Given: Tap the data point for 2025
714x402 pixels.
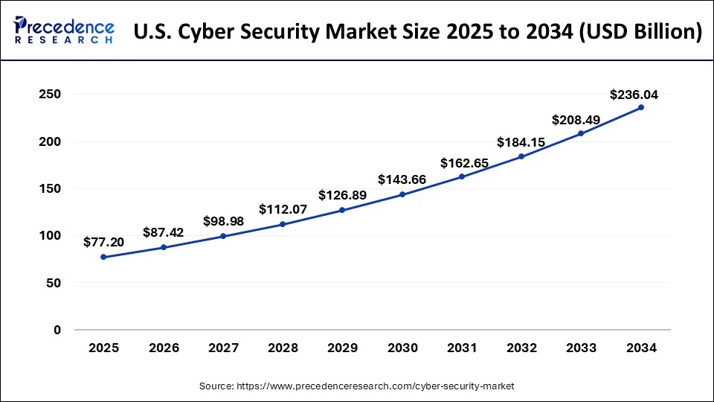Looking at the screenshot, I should click(103, 257).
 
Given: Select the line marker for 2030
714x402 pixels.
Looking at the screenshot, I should click(402, 194).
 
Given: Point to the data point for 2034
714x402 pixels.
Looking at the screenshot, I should click(641, 107).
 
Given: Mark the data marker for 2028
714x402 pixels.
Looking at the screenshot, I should click(283, 224).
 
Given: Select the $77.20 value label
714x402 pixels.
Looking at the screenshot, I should click(103, 242).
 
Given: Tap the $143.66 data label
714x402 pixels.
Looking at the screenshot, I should click(402, 179).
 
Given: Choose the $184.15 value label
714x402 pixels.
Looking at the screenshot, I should click(521, 141).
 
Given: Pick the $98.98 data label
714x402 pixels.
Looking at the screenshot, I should click(223, 221).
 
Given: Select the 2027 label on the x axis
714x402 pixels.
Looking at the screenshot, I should click(223, 348).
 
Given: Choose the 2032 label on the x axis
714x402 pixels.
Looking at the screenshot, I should click(521, 348).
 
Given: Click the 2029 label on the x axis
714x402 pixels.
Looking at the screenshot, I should click(342, 348).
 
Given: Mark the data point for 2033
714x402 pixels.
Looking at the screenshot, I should click(581, 133).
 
